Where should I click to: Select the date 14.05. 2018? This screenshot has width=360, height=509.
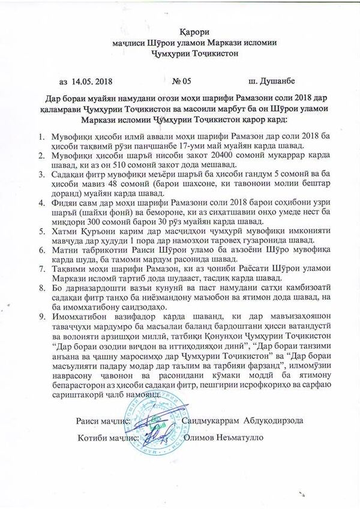click(x=91, y=78)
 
